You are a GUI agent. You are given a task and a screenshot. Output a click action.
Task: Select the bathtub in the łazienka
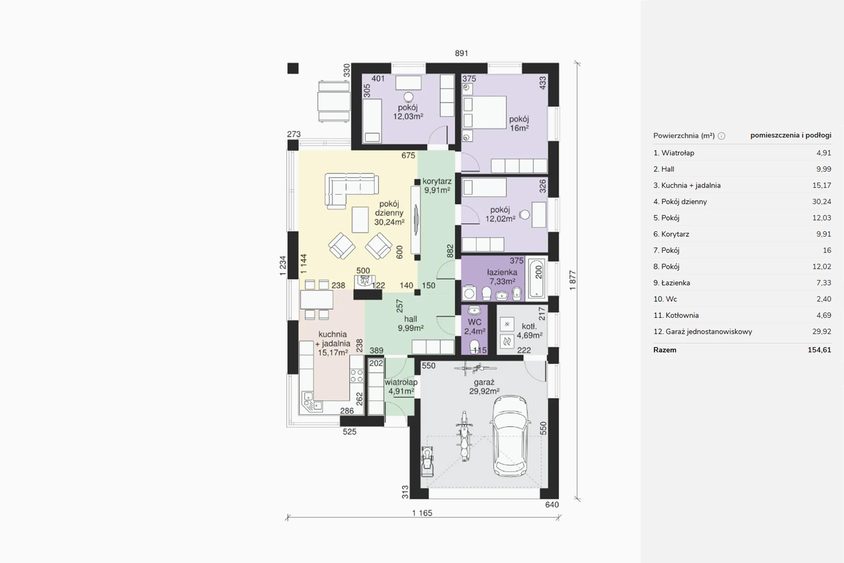pyautogui.click(x=537, y=278)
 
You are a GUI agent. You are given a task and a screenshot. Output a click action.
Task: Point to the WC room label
pyautogui.click(x=475, y=326)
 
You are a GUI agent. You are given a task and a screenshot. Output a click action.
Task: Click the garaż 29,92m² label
pyautogui.click(x=484, y=387)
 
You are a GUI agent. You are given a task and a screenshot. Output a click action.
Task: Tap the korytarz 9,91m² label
pyautogui.click(x=437, y=186)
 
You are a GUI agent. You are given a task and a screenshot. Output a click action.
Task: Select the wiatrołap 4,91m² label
pyautogui.click(x=401, y=387)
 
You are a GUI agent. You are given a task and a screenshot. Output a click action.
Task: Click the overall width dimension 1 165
pyautogui.click(x=422, y=513)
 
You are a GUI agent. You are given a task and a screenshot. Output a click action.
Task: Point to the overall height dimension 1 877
pyautogui.click(x=572, y=280)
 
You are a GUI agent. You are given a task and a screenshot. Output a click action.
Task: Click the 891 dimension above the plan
pyautogui.click(x=462, y=53)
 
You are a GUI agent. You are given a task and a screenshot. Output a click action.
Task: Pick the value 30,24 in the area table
pyautogui.click(x=822, y=201)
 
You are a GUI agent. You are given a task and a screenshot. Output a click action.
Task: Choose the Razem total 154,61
pyautogui.click(x=819, y=350)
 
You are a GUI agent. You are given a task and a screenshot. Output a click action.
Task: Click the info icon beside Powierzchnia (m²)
pyautogui.click(x=721, y=136)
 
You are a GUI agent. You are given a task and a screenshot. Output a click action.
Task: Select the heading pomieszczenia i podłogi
pyautogui.click(x=791, y=135)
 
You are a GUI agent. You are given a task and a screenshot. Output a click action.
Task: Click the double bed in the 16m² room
pyautogui.click(x=485, y=113)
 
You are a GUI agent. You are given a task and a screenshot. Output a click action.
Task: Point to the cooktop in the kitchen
pyautogui.click(x=357, y=376)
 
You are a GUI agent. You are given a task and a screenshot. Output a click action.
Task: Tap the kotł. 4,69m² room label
pyautogui.click(x=530, y=331)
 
